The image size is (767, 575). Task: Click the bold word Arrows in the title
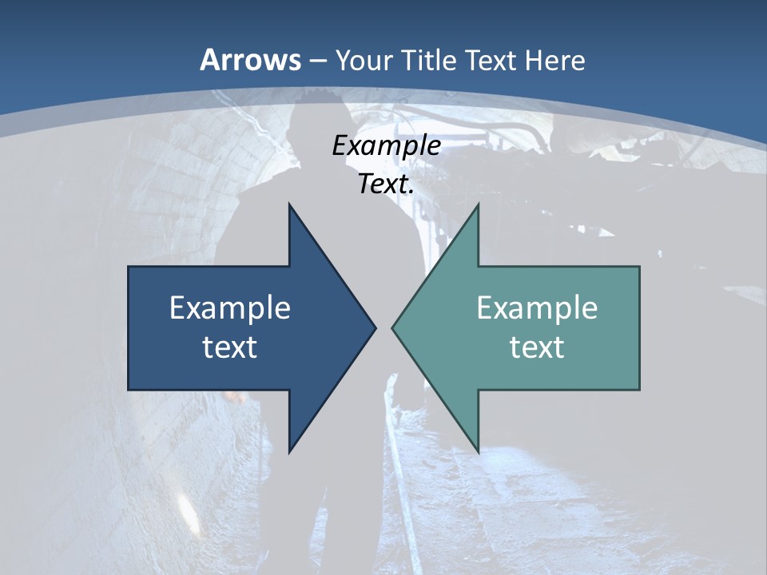pos(251,60)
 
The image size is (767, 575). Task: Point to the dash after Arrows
pos(317,61)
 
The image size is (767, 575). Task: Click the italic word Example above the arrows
pos(386,146)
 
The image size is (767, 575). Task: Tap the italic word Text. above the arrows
pos(386,184)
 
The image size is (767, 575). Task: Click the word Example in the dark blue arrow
pos(230,308)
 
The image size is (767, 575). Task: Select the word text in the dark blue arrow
pos(230,347)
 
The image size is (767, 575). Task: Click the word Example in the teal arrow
pos(537,308)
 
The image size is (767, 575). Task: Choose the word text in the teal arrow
pos(537,347)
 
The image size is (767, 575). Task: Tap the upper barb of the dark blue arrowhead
pos(291,209)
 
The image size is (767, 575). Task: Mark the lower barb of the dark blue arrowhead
pos(291,447)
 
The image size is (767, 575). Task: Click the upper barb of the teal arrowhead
pos(477,209)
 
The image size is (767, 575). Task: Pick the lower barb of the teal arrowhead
pos(477,447)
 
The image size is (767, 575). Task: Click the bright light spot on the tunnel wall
pos(187,505)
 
